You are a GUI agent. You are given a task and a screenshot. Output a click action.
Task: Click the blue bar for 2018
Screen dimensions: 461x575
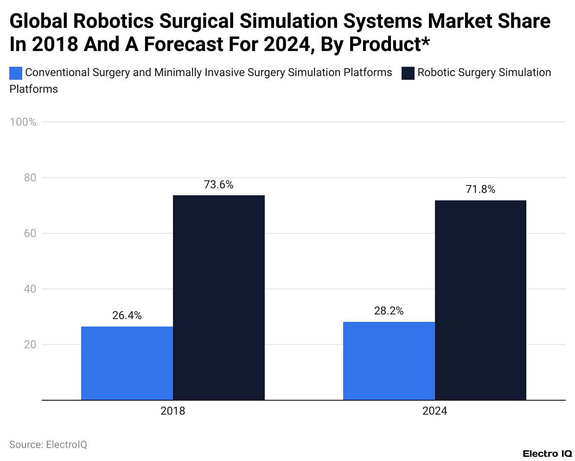click(127, 363)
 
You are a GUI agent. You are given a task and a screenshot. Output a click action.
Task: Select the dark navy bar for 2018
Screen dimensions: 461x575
click(219, 297)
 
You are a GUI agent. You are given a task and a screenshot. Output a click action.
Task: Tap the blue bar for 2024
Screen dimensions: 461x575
click(389, 361)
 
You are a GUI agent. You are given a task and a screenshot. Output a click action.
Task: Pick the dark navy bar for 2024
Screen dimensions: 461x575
click(480, 300)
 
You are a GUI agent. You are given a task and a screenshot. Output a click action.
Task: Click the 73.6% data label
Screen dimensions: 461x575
click(219, 185)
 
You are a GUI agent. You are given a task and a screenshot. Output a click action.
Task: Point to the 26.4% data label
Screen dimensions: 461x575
click(127, 315)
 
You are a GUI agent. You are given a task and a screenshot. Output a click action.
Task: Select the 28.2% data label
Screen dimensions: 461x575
click(389, 311)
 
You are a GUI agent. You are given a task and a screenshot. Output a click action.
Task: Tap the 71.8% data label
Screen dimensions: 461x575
click(480, 189)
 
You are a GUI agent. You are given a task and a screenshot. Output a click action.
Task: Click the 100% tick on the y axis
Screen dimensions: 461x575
click(23, 122)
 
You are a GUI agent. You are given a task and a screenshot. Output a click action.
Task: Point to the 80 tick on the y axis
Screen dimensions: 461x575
click(30, 178)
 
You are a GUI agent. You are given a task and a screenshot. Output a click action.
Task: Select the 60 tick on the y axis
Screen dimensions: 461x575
click(30, 233)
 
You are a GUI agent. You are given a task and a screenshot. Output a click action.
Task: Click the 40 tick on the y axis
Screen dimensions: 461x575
click(30, 289)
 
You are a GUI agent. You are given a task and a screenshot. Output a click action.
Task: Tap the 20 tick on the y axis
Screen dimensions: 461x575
click(30, 345)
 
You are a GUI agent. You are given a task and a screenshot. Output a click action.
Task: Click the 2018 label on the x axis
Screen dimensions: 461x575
click(172, 411)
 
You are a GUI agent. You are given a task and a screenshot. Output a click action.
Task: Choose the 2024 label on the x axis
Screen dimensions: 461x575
click(434, 411)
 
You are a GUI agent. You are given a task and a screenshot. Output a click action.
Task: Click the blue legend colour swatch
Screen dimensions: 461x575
click(16, 73)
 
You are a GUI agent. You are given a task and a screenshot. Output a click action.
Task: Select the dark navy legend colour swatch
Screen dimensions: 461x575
click(408, 73)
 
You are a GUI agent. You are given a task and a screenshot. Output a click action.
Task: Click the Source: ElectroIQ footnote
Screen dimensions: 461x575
click(48, 444)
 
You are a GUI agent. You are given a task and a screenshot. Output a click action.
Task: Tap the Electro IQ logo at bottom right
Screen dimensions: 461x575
click(547, 453)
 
